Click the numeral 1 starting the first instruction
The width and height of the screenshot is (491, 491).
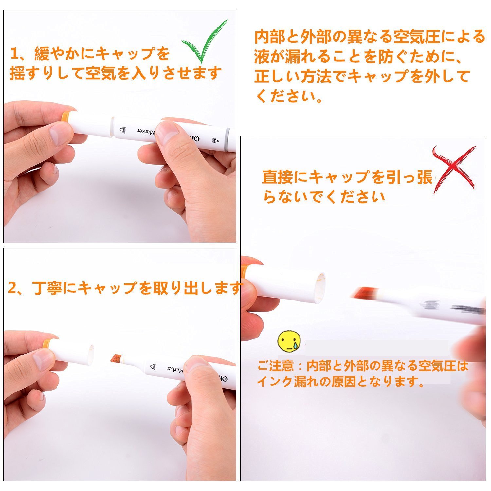(14, 54)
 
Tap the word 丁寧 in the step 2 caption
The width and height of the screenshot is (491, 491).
(47, 288)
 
